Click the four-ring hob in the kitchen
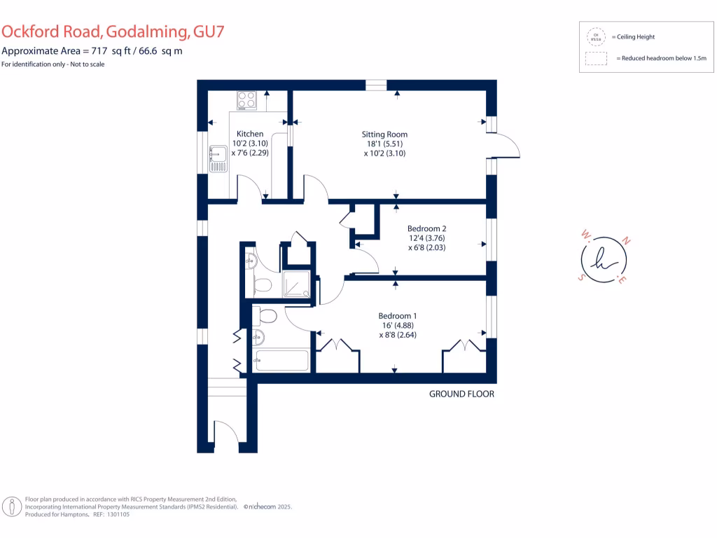pyautogui.click(x=246, y=99)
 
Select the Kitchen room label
pyautogui.click(x=250, y=134)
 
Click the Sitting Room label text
pyautogui.click(x=384, y=134)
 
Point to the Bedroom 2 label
pyautogui.click(x=427, y=228)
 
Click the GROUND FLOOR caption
pyautogui.click(x=461, y=394)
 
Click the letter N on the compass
pyautogui.click(x=627, y=242)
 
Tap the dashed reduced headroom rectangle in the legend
pyautogui.click(x=597, y=59)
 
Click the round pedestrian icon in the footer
pyautogui.click(x=12, y=506)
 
